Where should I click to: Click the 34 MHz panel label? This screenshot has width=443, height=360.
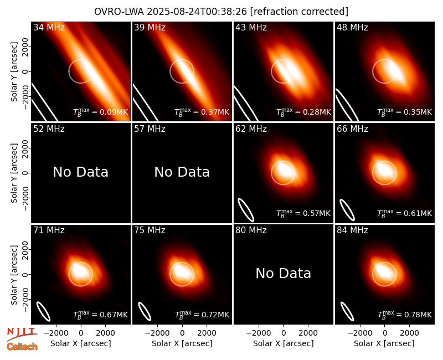tap(49, 27)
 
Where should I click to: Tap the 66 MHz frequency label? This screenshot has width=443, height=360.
tap(352, 129)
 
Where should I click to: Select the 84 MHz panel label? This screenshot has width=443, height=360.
tap(352, 230)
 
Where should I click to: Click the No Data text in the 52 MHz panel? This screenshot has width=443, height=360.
tap(80, 172)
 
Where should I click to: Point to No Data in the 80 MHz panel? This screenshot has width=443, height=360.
tap(283, 274)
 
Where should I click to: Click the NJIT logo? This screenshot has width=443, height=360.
tap(22, 333)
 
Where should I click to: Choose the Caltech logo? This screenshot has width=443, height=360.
tap(22, 347)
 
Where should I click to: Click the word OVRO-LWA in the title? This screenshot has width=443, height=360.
tap(119, 12)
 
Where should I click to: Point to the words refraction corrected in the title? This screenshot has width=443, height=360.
tap(299, 12)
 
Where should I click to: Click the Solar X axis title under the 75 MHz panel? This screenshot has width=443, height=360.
tap(182, 343)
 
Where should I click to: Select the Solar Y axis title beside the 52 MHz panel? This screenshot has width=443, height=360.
tap(14, 173)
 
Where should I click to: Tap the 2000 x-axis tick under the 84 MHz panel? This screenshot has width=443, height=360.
tap(409, 333)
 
